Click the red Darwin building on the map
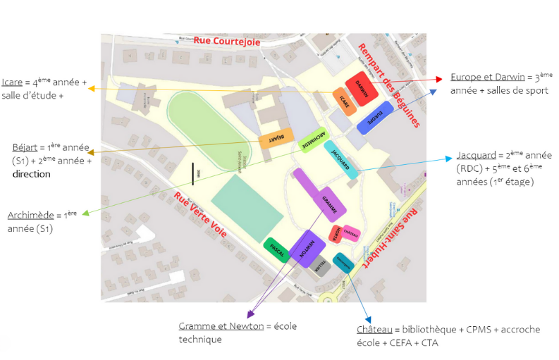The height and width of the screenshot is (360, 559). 362,89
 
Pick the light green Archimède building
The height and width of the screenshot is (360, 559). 312,139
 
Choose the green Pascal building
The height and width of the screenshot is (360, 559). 277,250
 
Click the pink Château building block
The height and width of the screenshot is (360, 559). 351,233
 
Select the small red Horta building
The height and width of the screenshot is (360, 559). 338,235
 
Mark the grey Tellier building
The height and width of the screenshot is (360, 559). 320,265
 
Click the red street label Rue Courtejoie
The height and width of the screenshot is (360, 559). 227,42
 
